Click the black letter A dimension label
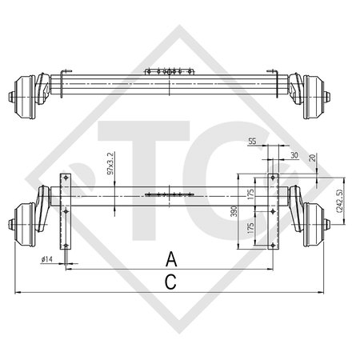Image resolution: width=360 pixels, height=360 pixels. [170, 258]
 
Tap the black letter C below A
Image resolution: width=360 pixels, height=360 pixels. [170, 280]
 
